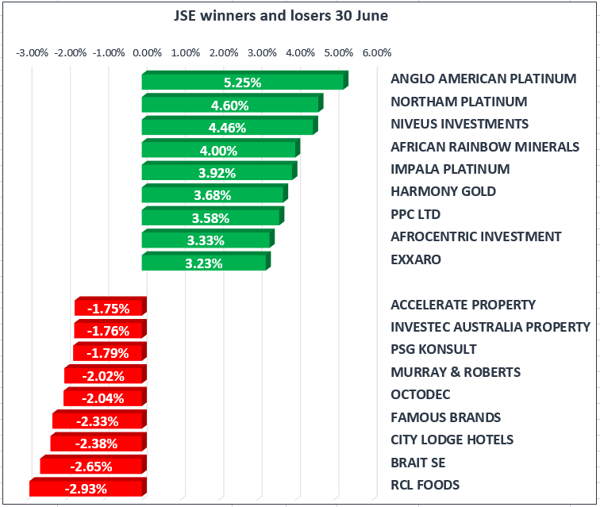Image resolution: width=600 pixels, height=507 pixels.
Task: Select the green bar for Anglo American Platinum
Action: click(x=243, y=81)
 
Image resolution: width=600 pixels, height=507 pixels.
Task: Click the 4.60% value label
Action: click(x=229, y=105)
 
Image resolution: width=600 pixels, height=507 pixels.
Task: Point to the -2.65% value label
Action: click(x=94, y=467)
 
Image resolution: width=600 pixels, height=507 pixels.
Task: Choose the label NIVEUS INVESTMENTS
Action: click(x=460, y=124)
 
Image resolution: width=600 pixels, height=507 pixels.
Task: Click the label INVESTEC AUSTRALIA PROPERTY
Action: click(x=490, y=327)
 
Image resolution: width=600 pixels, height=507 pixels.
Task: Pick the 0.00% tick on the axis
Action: click(x=148, y=53)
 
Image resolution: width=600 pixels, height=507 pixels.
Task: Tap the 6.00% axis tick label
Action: click(x=376, y=53)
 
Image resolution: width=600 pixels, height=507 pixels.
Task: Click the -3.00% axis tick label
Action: click(x=33, y=53)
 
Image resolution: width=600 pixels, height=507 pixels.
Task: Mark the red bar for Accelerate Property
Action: click(x=109, y=307)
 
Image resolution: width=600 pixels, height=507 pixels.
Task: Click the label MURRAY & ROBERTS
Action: click(x=456, y=372)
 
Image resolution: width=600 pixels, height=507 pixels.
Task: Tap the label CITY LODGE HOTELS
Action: click(x=452, y=440)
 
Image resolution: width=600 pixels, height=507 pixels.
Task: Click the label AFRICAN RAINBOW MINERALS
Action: click(x=485, y=147)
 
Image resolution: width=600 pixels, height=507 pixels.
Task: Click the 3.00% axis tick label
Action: click(x=262, y=53)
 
